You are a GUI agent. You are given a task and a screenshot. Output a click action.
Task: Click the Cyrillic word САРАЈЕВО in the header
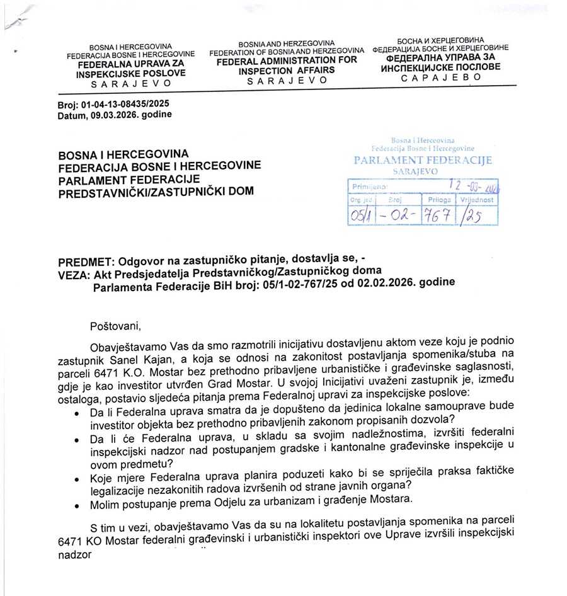(440, 77)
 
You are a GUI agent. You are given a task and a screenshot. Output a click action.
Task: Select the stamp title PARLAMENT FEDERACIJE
(423, 161)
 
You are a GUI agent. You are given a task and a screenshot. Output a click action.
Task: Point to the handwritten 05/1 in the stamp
(361, 215)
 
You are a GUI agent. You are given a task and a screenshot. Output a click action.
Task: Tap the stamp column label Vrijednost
(478, 199)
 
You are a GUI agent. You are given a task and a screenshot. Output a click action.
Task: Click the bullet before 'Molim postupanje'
(76, 505)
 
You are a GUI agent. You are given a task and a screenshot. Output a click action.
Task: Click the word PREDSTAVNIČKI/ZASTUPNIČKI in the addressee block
(155, 190)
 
